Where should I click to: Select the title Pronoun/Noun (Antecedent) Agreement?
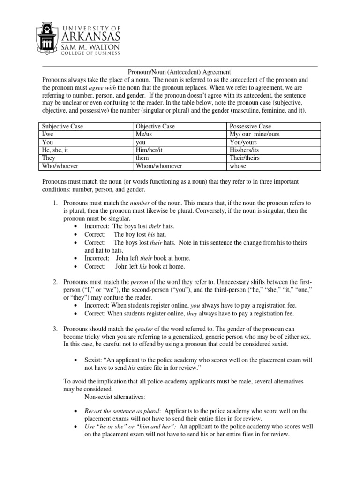180,72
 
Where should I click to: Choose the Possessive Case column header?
250,127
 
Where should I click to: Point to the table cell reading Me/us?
144,135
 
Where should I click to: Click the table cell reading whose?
238,166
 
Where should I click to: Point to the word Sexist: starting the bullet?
95,360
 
